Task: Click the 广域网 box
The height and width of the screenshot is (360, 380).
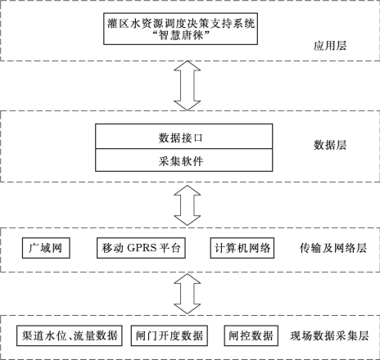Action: click(46, 248)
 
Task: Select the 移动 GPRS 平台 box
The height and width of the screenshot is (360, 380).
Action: click(141, 248)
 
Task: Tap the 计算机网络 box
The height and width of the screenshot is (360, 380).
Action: click(242, 248)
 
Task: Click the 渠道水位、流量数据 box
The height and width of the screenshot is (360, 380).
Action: click(70, 335)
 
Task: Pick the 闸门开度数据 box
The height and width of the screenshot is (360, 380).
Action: click(170, 335)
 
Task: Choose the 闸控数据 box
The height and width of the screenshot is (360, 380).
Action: click(251, 335)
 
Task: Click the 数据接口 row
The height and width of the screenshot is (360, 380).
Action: click(183, 137)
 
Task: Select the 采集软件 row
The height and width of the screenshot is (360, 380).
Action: click(183, 160)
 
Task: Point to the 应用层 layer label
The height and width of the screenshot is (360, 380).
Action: click(330, 46)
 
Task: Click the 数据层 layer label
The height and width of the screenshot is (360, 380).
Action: click(330, 145)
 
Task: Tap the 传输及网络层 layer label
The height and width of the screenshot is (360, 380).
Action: click(333, 248)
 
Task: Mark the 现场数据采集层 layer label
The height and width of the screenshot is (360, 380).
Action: click(329, 335)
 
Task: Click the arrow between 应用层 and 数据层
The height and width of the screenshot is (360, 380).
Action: click(188, 86)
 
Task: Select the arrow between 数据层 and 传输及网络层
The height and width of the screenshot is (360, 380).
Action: click(188, 205)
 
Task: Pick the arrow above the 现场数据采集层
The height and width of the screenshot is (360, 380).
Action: click(188, 294)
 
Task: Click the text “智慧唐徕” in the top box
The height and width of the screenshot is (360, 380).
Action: click(181, 35)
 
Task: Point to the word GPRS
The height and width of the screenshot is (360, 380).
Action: click(142, 248)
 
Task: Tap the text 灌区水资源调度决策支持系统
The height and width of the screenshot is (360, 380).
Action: click(181, 23)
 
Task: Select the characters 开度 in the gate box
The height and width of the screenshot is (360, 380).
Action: click(170, 335)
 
